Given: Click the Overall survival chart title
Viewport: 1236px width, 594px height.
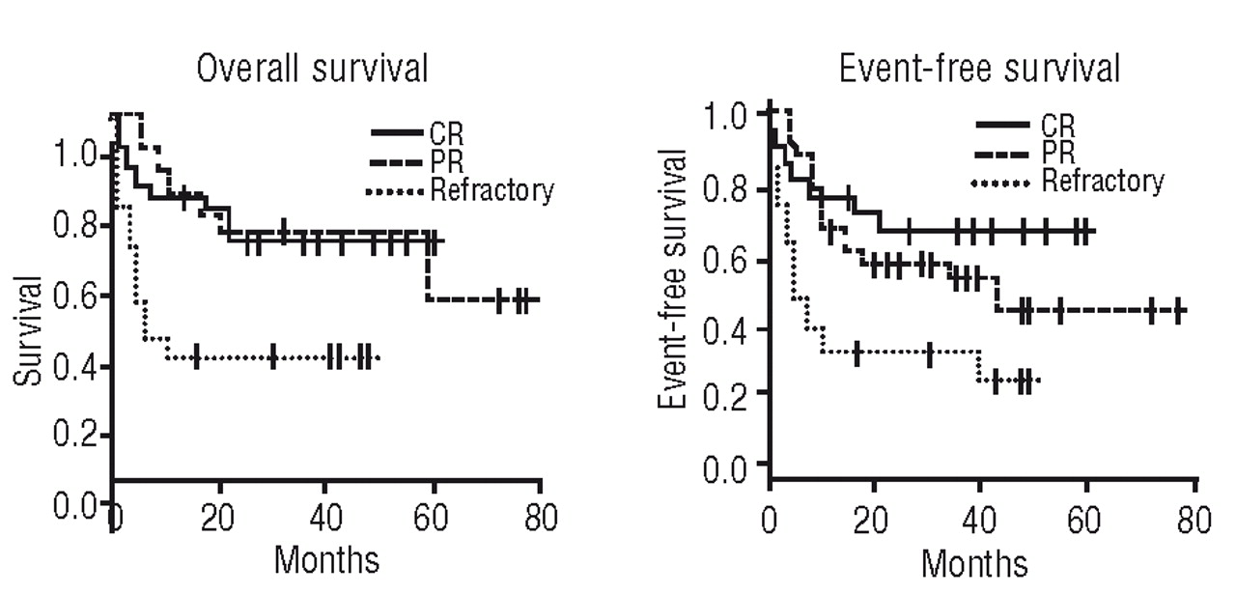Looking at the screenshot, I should [312, 71].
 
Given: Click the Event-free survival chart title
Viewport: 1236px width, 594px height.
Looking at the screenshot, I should [979, 69].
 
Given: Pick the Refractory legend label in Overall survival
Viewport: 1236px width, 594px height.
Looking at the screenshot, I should [492, 189].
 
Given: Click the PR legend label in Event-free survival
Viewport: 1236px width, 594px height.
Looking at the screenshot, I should [1057, 152].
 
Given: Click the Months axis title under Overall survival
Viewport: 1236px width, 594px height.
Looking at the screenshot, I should [326, 559].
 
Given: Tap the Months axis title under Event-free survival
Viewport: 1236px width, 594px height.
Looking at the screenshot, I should [975, 562].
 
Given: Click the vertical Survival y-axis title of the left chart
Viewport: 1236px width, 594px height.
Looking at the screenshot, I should [28, 331].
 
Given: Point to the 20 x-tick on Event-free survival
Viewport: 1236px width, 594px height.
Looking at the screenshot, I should [875, 522].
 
